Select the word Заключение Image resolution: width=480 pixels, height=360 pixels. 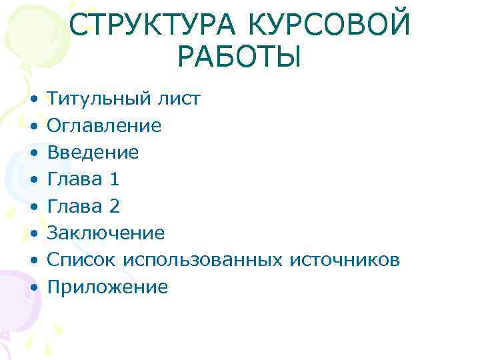[x=105, y=233]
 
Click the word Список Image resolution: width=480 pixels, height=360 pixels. [x=79, y=260]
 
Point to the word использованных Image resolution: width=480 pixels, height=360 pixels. [x=202, y=260]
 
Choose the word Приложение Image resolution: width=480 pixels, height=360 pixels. [x=107, y=287]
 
